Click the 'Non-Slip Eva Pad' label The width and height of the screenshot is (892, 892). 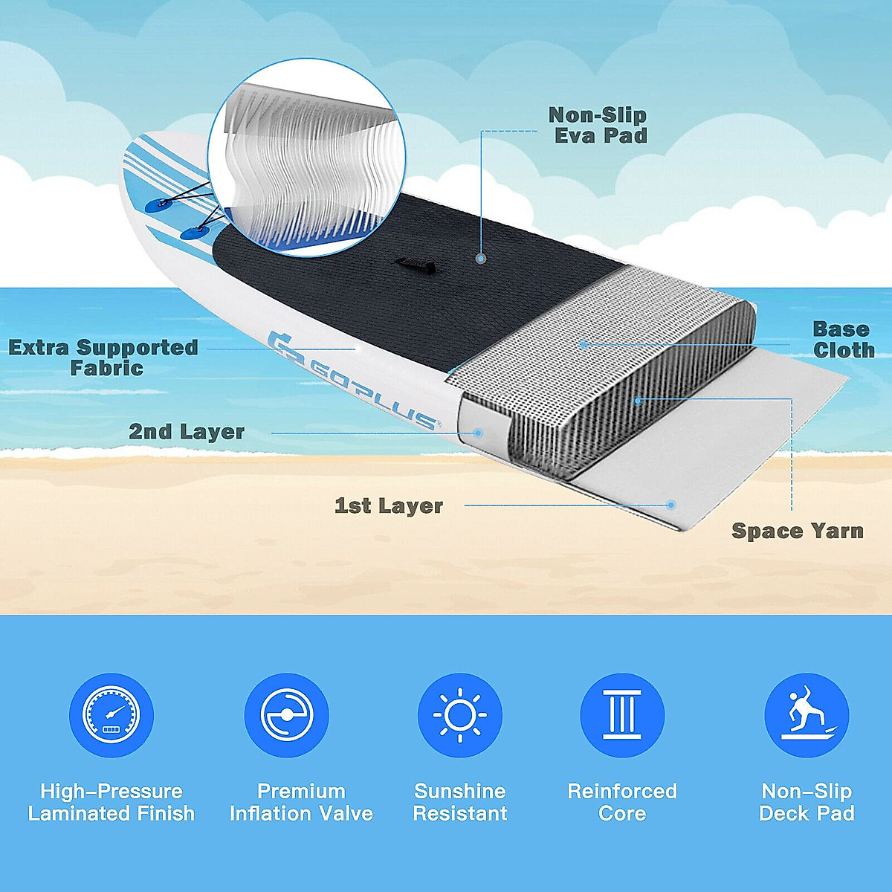coord(598,125)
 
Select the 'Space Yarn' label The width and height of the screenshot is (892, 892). coord(798,531)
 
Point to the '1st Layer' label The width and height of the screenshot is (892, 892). coord(389,506)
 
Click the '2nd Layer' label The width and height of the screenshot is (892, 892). coord(187,432)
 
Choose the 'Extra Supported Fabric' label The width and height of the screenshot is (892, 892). coord(104,358)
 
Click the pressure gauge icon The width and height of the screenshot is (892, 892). coord(111,715)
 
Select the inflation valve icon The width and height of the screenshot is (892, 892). coord(287,715)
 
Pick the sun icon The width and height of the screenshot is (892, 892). coord(460,715)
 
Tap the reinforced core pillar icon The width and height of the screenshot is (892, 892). coord(622,715)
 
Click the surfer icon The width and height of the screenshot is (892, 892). coord(807,715)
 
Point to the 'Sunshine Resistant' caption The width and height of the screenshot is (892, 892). coord(460,802)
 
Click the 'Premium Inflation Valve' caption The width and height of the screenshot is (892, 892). coord(301,802)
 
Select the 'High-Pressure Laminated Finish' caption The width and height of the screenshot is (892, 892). coord(111,802)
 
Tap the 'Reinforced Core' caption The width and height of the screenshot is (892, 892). coord(622,802)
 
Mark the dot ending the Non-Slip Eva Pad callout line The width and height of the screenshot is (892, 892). coord(481,259)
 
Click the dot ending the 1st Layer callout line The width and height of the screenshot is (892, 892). coord(671,505)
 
